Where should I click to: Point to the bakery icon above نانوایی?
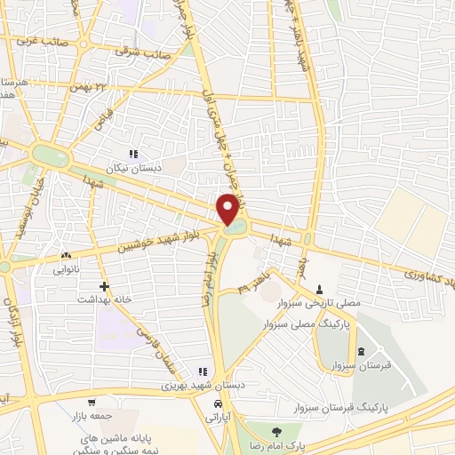point(65,254)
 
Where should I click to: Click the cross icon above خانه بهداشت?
point(106,286)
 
